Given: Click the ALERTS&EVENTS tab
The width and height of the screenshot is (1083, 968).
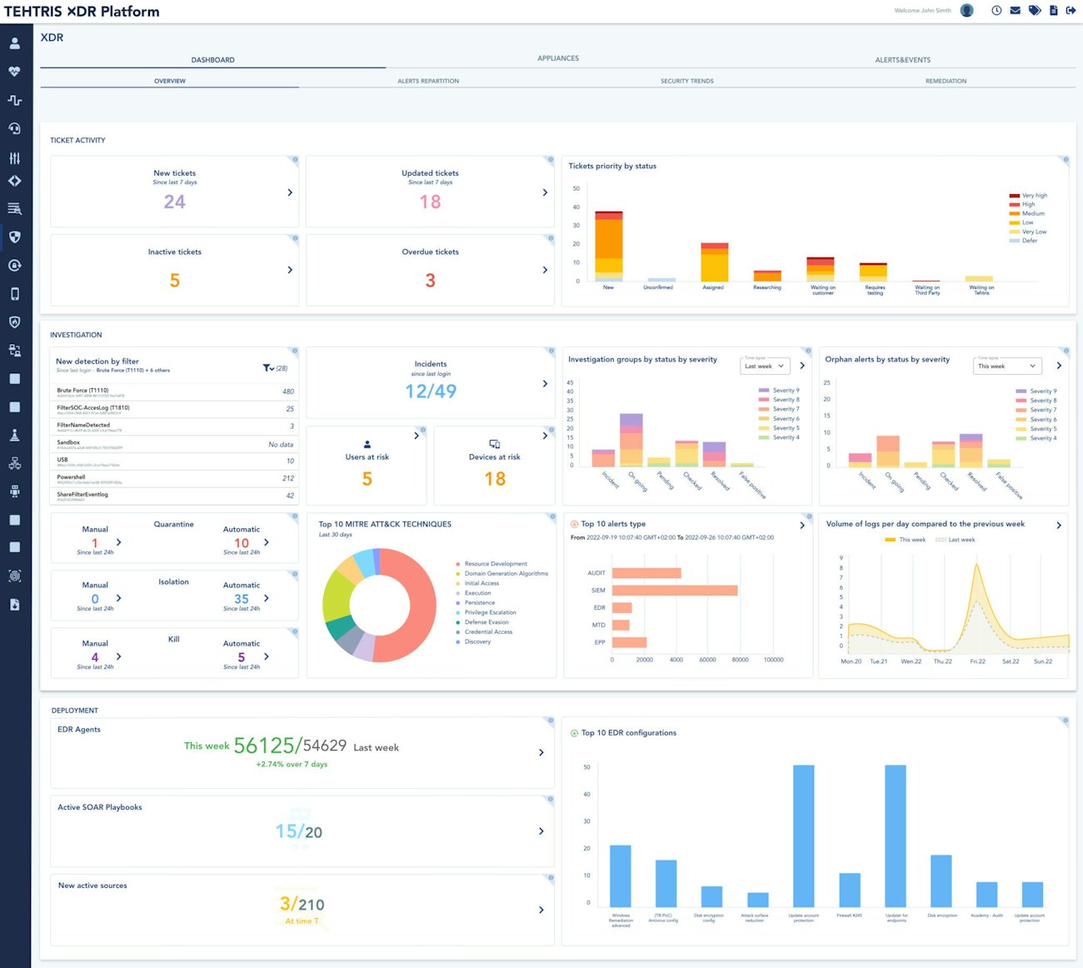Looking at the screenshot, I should tap(902, 60).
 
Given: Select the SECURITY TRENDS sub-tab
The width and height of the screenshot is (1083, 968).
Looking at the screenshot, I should tap(686, 81).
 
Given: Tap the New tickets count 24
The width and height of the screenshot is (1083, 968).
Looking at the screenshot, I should tap(174, 202).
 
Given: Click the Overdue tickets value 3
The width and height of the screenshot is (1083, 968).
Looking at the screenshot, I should tap(430, 281).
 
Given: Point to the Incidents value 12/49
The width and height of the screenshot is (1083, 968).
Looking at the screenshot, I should tap(430, 391).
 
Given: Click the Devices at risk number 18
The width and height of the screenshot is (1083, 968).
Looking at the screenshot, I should tap(495, 479).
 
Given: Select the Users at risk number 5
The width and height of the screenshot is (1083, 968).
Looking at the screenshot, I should tap(367, 479).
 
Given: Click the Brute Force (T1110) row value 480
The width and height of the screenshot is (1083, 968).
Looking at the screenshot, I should tap(287, 392).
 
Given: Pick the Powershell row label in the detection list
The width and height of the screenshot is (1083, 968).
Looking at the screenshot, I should tap(72, 477).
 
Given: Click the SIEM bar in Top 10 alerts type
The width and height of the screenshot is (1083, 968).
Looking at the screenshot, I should tap(674, 591).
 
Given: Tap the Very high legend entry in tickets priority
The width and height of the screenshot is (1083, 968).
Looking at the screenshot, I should tap(1034, 196).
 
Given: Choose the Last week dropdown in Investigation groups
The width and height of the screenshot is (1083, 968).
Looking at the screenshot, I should tap(764, 366).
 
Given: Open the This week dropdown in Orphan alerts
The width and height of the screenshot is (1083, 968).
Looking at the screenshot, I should tap(1007, 366).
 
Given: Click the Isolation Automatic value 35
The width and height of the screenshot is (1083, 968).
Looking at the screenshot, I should tap(242, 599).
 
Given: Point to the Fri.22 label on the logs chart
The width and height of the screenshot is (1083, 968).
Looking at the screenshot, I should tap(977, 661).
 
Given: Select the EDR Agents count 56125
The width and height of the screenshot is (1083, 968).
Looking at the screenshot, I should tap(264, 746).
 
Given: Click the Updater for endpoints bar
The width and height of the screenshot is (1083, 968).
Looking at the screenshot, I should tap(896, 836).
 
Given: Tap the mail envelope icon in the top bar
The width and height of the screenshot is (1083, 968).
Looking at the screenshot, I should tap(1015, 11).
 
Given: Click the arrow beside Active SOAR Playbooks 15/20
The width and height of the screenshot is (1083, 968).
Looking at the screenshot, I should tap(541, 831).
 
